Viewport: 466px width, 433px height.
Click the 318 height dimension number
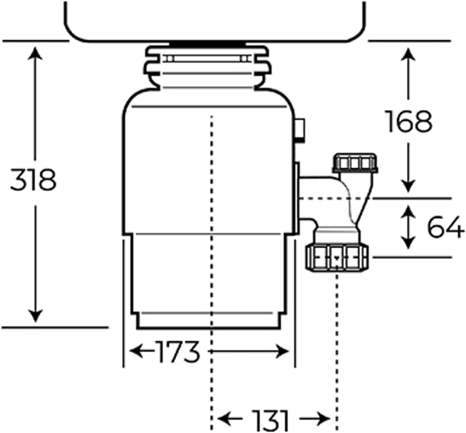pyautogui.click(x=33, y=180)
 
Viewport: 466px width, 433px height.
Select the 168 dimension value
pyautogui.click(x=409, y=122)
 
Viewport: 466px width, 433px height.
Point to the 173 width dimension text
pyautogui.click(x=178, y=352)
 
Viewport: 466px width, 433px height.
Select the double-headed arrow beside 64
pyautogui.click(x=408, y=227)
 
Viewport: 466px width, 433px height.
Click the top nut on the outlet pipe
pyautogui.click(x=355, y=163)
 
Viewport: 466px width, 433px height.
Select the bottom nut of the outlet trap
pyautogui.click(x=337, y=258)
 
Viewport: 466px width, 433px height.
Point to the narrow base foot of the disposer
pyautogui.click(x=209, y=321)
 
